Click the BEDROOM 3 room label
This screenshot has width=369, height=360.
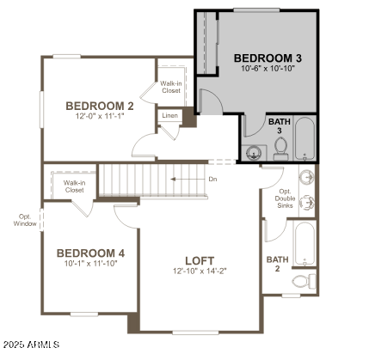(x=268, y=58)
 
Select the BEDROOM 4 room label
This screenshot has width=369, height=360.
(x=90, y=253)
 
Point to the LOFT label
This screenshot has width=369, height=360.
(x=200, y=260)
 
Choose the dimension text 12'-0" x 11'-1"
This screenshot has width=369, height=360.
(x=100, y=117)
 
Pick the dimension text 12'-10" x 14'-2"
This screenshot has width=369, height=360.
(x=200, y=271)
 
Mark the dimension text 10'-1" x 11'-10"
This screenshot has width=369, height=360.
(x=90, y=264)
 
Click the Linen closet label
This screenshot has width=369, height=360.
(x=169, y=116)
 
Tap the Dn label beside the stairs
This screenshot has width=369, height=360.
(x=212, y=179)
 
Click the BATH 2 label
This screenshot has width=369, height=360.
(x=277, y=264)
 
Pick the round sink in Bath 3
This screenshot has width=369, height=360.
(x=253, y=153)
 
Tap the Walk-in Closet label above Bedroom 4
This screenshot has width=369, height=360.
(x=72, y=186)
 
